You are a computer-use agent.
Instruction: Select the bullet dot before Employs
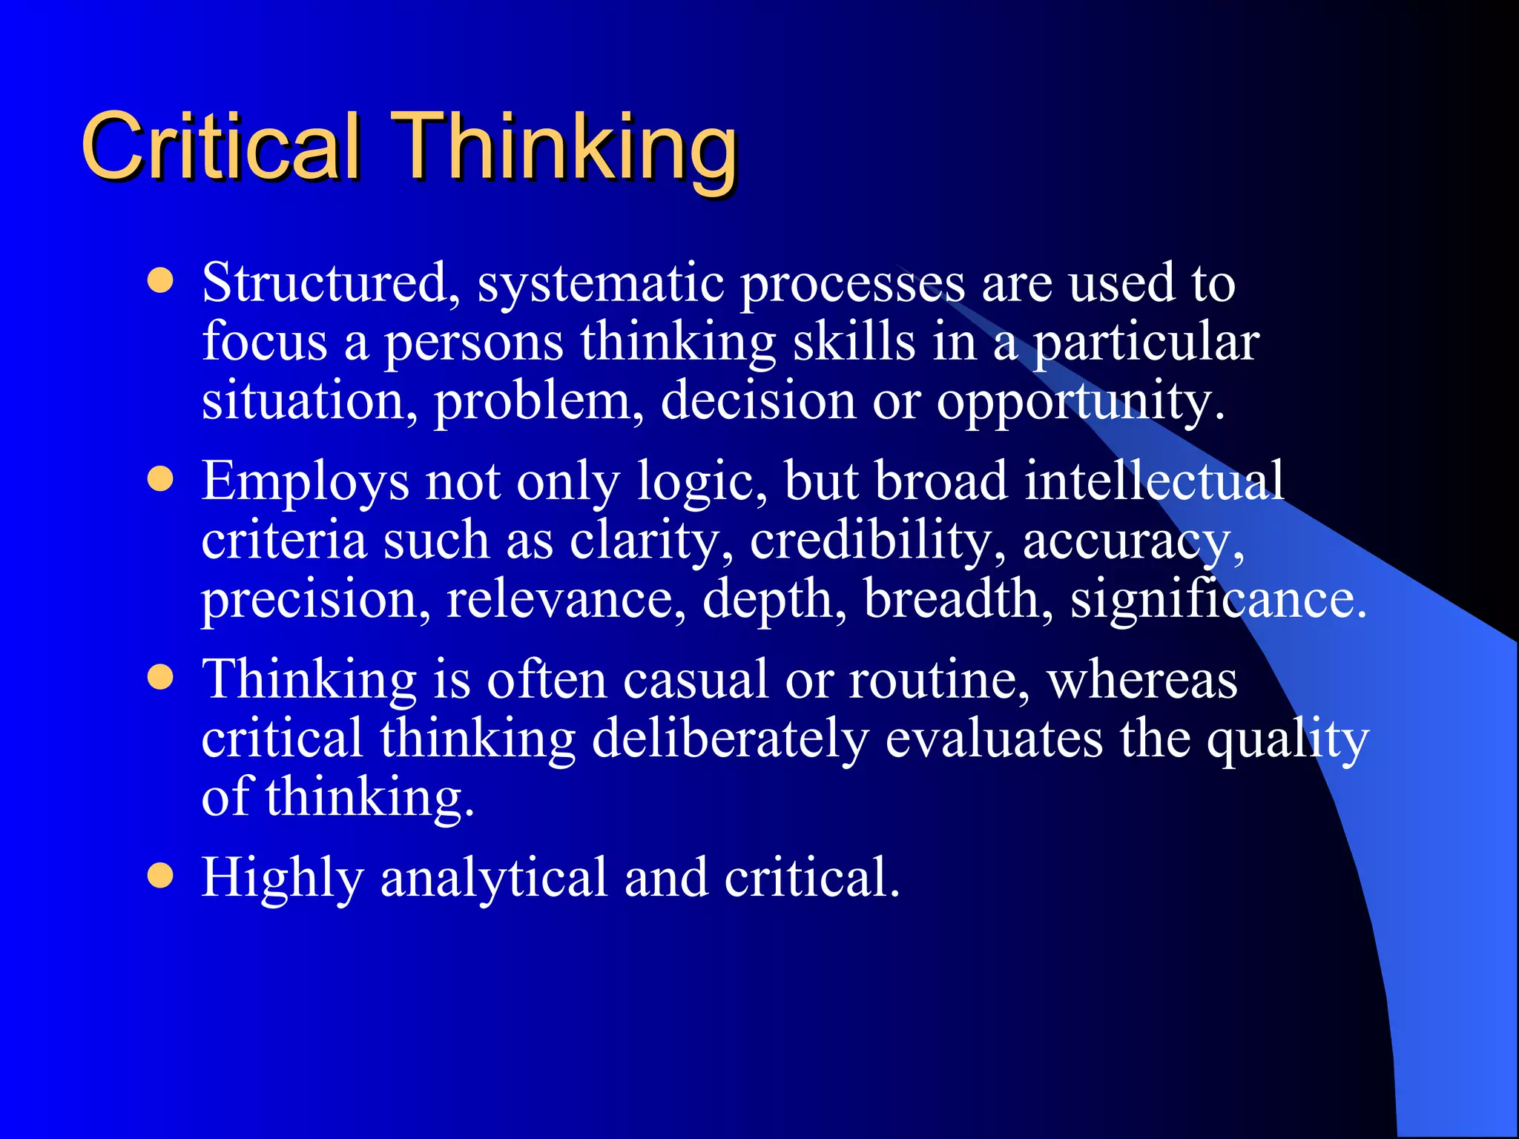tap(160, 479)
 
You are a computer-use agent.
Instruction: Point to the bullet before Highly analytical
tap(160, 875)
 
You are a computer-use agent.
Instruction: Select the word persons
tap(473, 344)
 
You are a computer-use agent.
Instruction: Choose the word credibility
tap(878, 541)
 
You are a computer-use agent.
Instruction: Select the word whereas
tap(1142, 681)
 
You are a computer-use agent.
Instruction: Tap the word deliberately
tap(730, 740)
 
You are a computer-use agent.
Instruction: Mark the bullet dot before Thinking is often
tap(160, 677)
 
